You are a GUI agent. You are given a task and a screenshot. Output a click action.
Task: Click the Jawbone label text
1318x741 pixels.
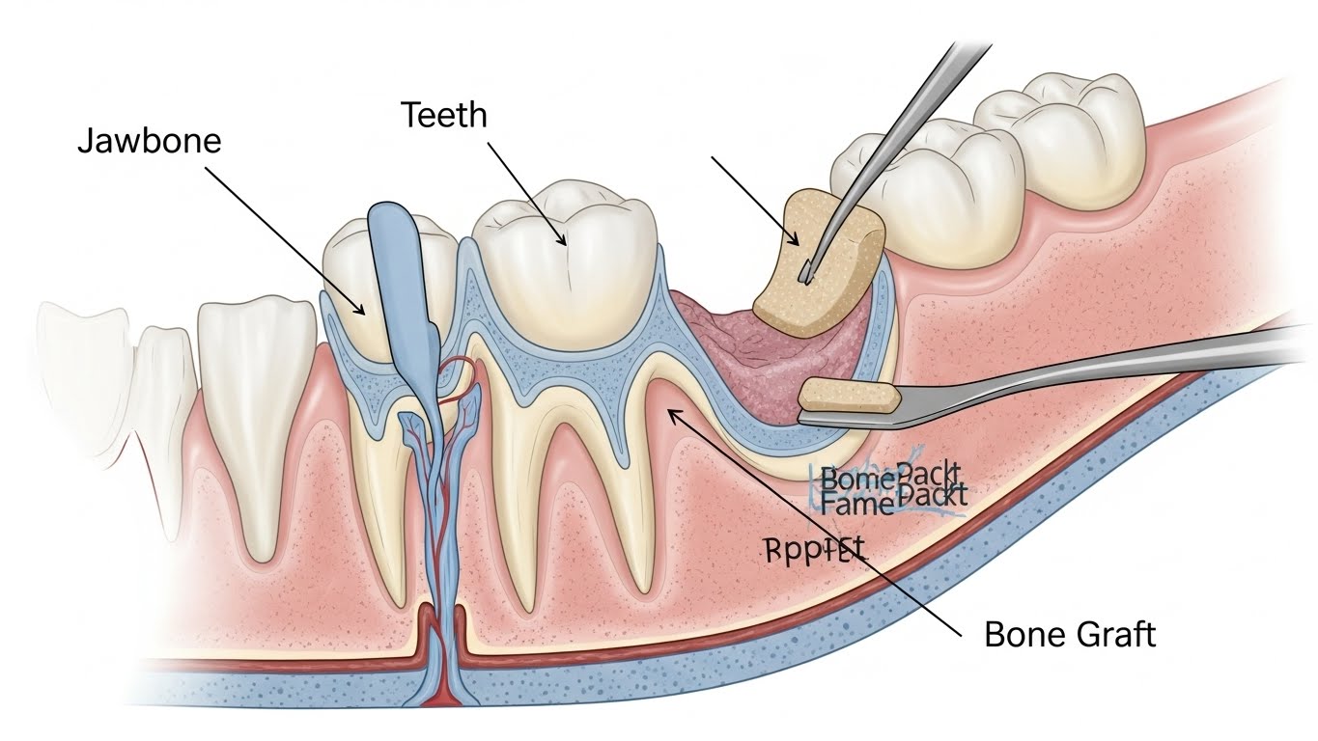tap(149, 141)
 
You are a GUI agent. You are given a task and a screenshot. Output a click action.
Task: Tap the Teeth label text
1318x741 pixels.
tap(444, 116)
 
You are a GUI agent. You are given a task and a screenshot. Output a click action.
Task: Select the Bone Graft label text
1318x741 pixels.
tap(1069, 634)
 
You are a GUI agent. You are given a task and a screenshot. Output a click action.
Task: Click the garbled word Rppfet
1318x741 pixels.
tap(815, 550)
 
